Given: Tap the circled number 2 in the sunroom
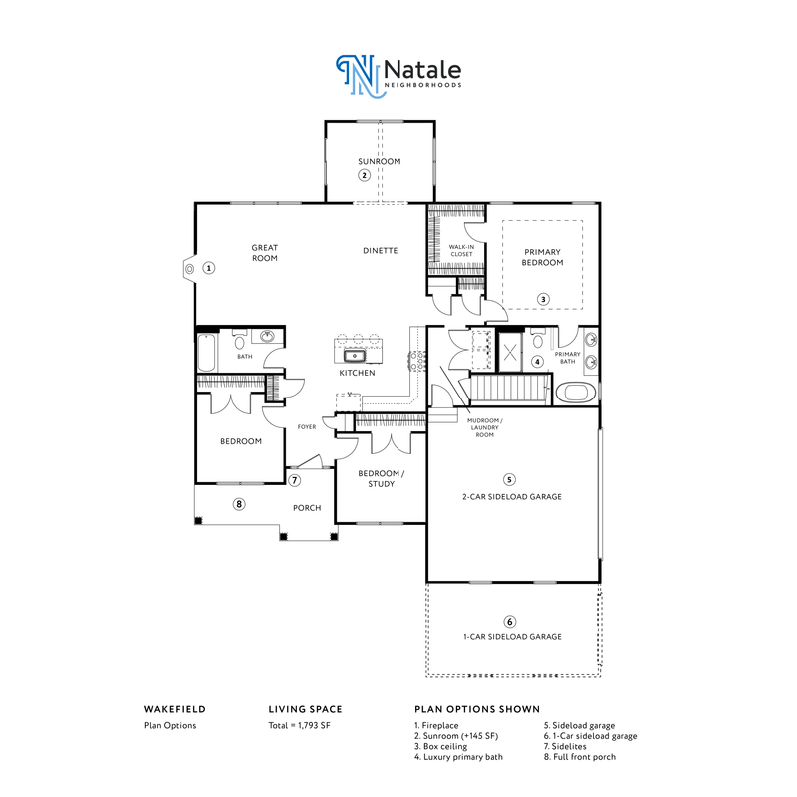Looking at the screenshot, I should (365, 175).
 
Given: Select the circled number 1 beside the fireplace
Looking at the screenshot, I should (209, 267).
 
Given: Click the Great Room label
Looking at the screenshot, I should (264, 253).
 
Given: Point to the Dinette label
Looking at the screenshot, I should (381, 250).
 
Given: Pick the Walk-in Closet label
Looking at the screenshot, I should (461, 250).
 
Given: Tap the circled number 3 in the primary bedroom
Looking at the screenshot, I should (543, 298).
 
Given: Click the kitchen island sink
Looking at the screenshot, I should (354, 354).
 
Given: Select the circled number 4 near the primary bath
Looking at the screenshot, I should (537, 362).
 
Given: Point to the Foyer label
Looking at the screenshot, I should (307, 427).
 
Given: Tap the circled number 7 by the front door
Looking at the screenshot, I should (295, 480).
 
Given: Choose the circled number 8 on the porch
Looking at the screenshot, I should (239, 504).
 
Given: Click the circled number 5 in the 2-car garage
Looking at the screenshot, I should (510, 478).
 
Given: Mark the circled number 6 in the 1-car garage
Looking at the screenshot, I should (510, 620).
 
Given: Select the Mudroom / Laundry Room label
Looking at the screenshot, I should (485, 428).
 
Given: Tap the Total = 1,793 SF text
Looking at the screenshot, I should (300, 725).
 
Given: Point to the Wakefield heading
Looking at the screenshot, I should (175, 709).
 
